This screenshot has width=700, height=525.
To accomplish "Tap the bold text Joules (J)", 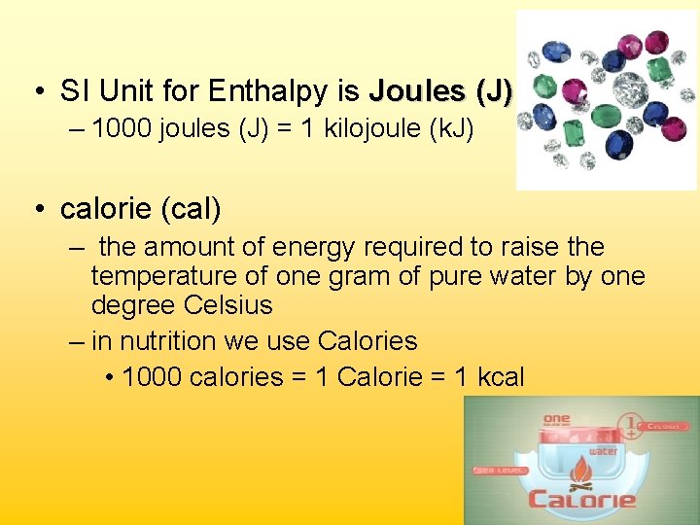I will (439, 92).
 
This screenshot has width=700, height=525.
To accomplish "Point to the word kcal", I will (501, 377).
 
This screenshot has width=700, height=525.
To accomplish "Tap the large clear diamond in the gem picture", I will (630, 89).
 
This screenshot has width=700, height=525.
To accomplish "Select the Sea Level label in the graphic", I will (500, 470).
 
